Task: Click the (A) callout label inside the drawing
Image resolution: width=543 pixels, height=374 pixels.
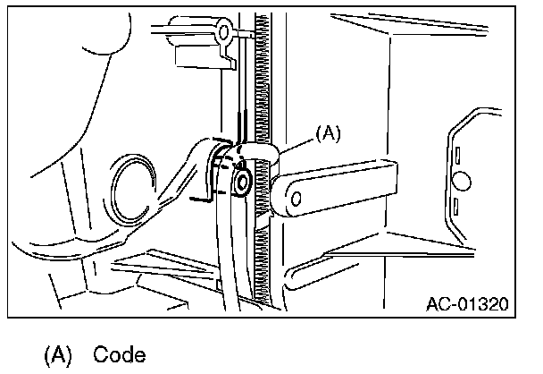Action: tap(329, 133)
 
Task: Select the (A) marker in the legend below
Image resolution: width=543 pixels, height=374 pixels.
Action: tap(57, 354)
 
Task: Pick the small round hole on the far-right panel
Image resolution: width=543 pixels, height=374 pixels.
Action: tap(461, 181)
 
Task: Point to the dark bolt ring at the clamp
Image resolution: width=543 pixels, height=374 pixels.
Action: tap(242, 184)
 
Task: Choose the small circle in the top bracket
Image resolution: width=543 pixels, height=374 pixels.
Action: tap(225, 32)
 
